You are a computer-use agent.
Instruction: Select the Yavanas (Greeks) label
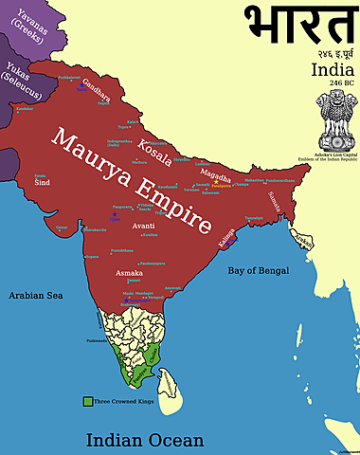click(27, 35)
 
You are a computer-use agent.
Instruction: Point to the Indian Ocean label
click(145, 439)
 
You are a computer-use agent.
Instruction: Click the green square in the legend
click(86, 402)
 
